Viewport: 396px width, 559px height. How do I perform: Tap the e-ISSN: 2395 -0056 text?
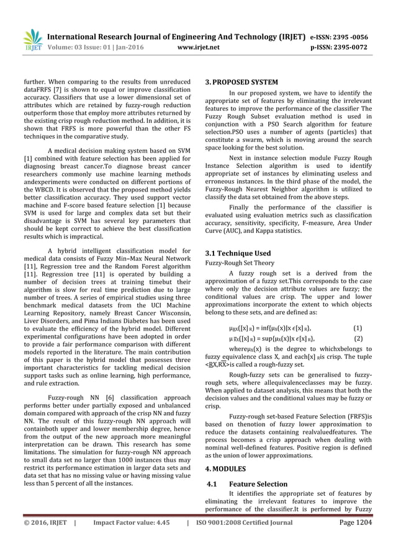pyautogui.click(x=344, y=36)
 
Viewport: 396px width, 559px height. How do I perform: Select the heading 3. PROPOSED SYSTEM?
pyautogui.click(x=241, y=82)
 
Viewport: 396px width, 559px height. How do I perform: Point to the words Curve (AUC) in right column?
pyautogui.click(x=226, y=231)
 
